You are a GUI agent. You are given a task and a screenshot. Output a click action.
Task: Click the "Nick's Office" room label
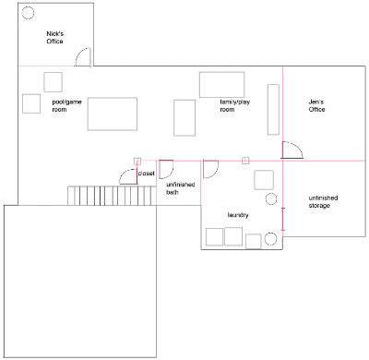click(x=55, y=38)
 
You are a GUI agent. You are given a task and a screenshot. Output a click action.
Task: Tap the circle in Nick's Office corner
click(x=28, y=13)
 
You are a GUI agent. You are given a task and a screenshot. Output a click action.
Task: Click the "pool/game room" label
click(x=66, y=105)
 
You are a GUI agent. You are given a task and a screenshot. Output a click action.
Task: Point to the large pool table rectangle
click(x=113, y=114)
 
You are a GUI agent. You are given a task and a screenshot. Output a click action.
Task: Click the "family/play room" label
click(x=235, y=105)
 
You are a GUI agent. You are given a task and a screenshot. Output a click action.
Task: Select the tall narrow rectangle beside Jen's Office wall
click(x=273, y=110)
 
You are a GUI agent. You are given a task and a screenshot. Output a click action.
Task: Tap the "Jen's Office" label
click(x=316, y=105)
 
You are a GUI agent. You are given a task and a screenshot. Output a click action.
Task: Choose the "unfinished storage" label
click(x=323, y=201)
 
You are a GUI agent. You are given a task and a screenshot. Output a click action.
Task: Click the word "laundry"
click(x=238, y=215)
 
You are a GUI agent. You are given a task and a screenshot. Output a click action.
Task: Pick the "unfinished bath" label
click(x=181, y=188)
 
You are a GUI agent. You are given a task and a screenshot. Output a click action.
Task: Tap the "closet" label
click(x=147, y=174)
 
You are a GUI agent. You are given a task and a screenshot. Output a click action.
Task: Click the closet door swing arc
click(x=125, y=173)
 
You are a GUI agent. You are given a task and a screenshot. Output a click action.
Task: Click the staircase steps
click(x=110, y=196)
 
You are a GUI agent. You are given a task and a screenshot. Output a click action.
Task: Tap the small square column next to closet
click(x=137, y=162)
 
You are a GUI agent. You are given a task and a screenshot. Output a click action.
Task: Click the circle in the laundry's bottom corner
click(x=270, y=239)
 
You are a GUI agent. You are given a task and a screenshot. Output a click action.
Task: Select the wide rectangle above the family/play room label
click(x=222, y=85)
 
